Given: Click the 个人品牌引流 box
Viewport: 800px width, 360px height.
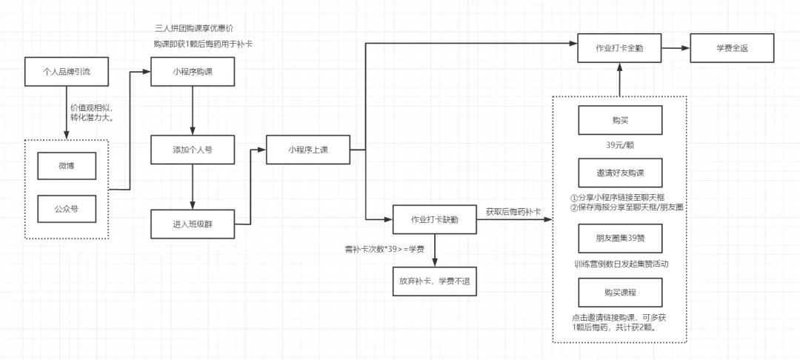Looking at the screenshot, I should pyautogui.click(x=67, y=72).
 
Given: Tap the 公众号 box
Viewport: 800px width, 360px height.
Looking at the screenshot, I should pyautogui.click(x=67, y=208).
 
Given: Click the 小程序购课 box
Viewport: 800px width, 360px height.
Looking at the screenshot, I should pyautogui.click(x=193, y=72).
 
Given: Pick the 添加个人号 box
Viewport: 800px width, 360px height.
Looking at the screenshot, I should pyautogui.click(x=193, y=150).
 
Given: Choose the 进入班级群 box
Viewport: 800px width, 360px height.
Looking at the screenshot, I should pyautogui.click(x=193, y=224).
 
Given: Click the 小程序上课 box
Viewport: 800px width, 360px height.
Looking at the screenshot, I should pyautogui.click(x=307, y=150).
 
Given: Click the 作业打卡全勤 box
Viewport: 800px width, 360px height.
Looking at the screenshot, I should pyautogui.click(x=620, y=47).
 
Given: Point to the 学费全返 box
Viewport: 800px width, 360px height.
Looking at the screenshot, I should pyautogui.click(x=732, y=47).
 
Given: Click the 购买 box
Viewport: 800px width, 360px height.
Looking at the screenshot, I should pyautogui.click(x=620, y=120).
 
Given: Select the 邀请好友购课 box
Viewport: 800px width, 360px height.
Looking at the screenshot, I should pyautogui.click(x=620, y=173).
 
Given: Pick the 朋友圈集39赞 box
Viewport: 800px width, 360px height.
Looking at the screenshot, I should pyautogui.click(x=620, y=238).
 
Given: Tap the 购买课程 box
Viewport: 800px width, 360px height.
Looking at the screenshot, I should pyautogui.click(x=620, y=291).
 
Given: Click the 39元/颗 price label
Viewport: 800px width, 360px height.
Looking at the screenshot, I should pyautogui.click(x=620, y=146).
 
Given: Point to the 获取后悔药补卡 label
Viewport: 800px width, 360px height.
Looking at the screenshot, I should pyautogui.click(x=513, y=212).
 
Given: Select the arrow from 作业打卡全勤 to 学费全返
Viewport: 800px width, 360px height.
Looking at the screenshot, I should pyautogui.click(x=675, y=47).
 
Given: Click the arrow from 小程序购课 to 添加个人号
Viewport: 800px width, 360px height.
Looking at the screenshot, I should pyautogui.click(x=193, y=111).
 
